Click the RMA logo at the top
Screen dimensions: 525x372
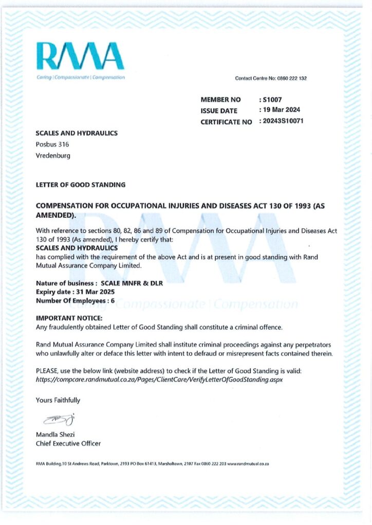[x=80, y=56]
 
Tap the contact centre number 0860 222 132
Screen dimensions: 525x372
[x=292, y=78]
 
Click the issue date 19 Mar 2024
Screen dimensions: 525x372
[x=281, y=110]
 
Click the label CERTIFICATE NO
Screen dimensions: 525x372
[x=226, y=122]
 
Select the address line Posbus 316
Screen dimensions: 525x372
[x=52, y=145]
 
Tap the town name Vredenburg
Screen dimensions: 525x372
[x=53, y=155]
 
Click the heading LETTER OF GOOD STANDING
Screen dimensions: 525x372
[x=81, y=185]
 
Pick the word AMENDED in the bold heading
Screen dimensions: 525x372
[x=55, y=215]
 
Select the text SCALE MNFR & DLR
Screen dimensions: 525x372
[x=132, y=283]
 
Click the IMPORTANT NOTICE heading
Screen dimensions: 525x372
[x=69, y=318]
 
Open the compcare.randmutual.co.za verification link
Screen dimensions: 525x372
[x=159, y=379]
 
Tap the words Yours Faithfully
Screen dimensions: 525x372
[x=58, y=400]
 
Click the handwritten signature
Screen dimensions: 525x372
[x=59, y=419]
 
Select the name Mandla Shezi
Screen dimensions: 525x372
[x=55, y=435]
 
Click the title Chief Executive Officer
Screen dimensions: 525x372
[x=68, y=443]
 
